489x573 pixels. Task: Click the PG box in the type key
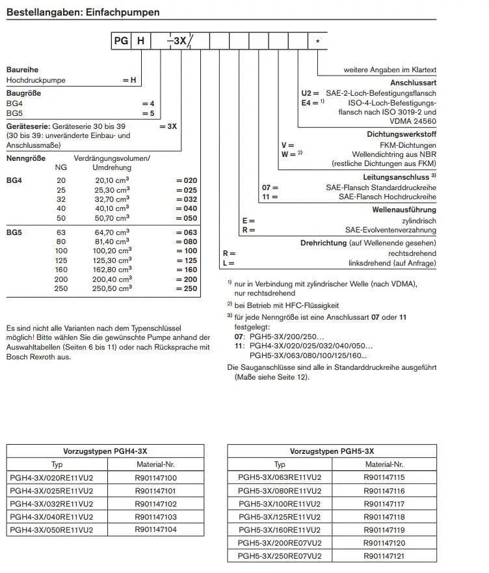click(x=121, y=41)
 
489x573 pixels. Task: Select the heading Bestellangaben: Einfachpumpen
click(x=83, y=12)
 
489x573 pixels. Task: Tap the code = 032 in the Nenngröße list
click(x=186, y=199)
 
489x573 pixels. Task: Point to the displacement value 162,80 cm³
click(x=112, y=270)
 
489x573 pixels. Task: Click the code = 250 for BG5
click(x=186, y=288)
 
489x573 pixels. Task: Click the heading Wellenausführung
click(x=404, y=210)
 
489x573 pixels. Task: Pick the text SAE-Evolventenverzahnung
click(x=391, y=230)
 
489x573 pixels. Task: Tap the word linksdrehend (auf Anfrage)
click(x=393, y=263)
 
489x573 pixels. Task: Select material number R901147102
click(x=155, y=503)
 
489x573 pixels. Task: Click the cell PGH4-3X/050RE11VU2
click(x=52, y=530)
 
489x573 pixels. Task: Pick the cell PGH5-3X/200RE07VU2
click(x=280, y=542)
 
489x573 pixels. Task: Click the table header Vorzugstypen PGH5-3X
click(x=332, y=451)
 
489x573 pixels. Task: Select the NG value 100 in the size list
click(x=61, y=251)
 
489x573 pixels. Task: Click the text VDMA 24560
click(x=414, y=121)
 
